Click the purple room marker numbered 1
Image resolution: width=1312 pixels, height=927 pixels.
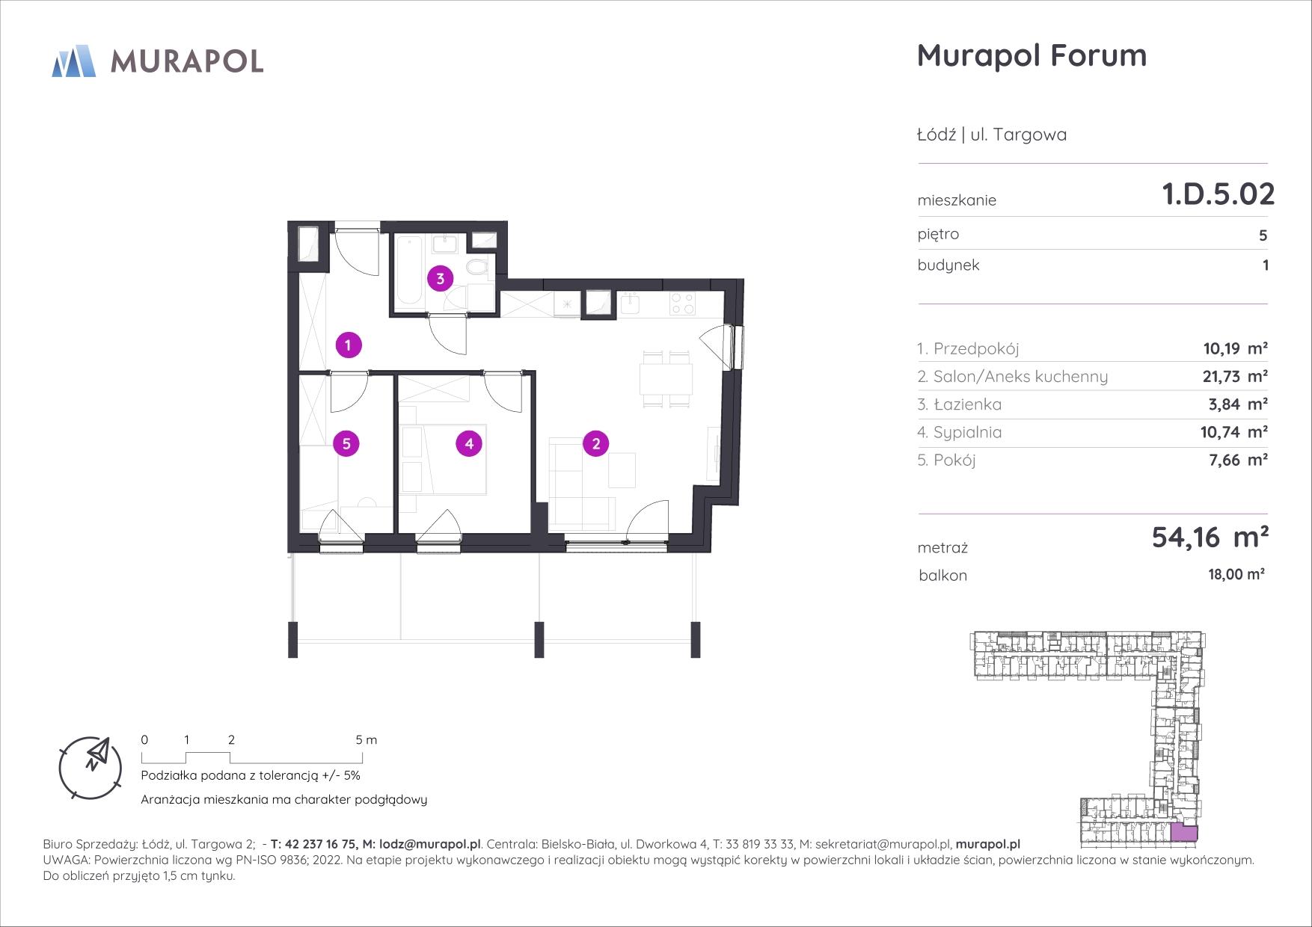click(x=349, y=345)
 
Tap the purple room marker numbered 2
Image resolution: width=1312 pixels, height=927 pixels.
click(x=596, y=444)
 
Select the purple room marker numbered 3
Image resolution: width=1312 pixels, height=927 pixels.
click(x=441, y=280)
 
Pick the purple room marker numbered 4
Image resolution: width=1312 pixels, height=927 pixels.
click(x=469, y=444)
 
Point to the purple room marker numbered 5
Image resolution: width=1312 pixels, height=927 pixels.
click(x=346, y=444)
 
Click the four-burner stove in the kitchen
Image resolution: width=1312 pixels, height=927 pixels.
click(x=681, y=304)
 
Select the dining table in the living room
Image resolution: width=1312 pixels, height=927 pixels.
click(x=667, y=379)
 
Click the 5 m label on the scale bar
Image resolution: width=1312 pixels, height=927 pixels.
click(x=367, y=740)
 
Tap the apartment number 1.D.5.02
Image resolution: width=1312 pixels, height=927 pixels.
click(x=1218, y=194)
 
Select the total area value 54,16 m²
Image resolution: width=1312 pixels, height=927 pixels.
click(x=1210, y=537)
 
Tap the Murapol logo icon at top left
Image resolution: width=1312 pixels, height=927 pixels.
click(x=73, y=61)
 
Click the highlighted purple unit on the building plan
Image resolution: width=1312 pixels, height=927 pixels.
click(x=1183, y=832)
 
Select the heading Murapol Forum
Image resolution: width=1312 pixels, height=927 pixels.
click(x=1031, y=56)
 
